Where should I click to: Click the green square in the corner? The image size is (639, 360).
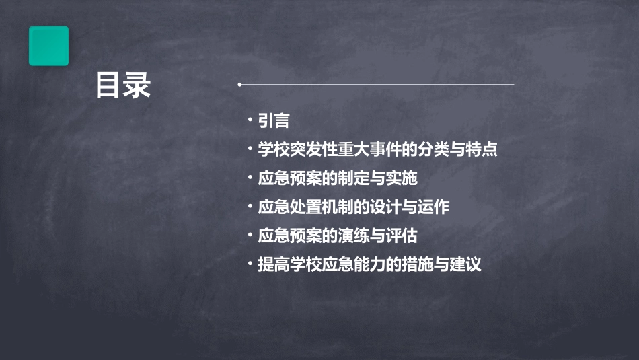48,46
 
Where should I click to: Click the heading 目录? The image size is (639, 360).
122,85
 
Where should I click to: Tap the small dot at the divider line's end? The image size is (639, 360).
239,85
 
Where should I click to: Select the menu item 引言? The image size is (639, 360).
274,121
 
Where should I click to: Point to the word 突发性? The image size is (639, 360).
313,149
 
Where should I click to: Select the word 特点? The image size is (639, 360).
481,149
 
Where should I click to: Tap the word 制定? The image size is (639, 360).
353,178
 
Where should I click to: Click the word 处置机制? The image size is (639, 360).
322,207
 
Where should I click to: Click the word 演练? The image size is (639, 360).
353,236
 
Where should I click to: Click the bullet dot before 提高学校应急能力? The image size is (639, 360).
250,263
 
